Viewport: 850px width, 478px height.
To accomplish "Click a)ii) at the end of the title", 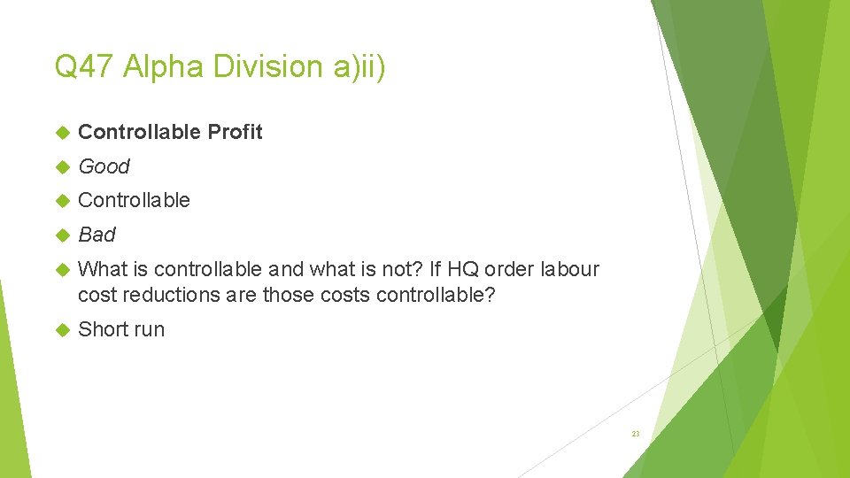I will pos(358,66).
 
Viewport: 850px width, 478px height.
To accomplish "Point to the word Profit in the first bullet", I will pos(235,132).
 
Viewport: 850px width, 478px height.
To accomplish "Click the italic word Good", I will pos(104,166).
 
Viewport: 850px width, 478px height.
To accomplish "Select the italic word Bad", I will pos(97,235).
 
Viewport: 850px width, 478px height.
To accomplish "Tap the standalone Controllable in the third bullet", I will pos(134,200).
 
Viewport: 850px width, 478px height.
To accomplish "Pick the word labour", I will pos(568,269).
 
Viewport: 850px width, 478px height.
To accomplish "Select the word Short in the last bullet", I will pos(102,329).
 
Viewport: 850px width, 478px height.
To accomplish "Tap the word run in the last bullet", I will pos(148,329).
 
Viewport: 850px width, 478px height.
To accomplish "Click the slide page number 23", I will pos(635,434).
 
